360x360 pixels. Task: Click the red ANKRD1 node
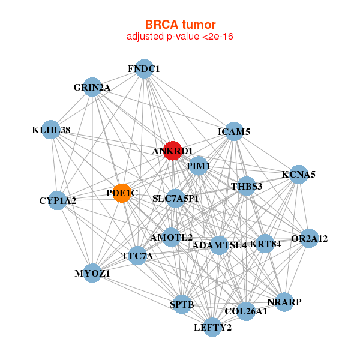(171, 150)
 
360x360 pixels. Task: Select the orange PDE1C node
(122, 193)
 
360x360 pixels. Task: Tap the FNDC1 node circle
(143, 69)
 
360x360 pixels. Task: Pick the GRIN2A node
(92, 87)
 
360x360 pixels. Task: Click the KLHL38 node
(52, 130)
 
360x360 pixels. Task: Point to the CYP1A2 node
(58, 200)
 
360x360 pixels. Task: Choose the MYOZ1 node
(92, 273)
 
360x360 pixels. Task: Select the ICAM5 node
(233, 131)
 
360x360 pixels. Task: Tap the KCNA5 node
(299, 175)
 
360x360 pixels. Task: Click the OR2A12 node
(309, 238)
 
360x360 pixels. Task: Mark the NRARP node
(284, 302)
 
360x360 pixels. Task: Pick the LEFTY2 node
(212, 327)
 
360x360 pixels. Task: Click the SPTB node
(182, 305)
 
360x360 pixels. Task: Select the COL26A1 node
(246, 311)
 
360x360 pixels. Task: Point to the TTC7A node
(137, 256)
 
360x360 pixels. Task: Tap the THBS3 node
(247, 186)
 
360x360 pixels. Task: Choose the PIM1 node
(198, 166)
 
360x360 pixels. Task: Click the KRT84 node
(265, 244)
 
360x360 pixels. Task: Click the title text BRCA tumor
(180, 25)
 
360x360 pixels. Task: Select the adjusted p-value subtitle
(180, 37)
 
